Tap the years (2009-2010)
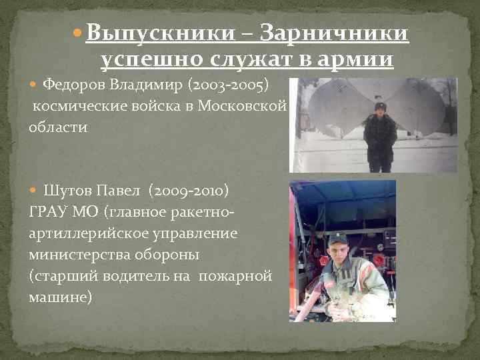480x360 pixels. (191, 191)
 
